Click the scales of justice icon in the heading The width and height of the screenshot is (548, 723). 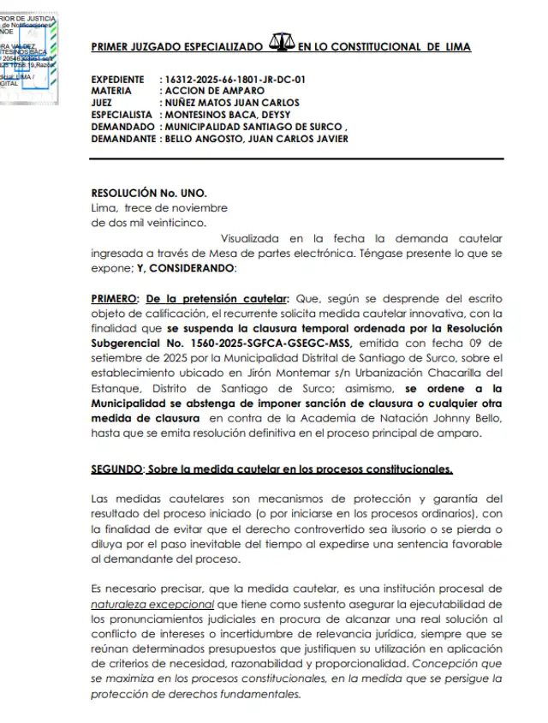pos(281,43)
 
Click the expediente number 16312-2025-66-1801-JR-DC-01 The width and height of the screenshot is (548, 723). pos(233,80)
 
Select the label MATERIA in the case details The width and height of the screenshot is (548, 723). pos(111,91)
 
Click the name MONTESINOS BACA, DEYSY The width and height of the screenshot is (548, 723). pos(228,115)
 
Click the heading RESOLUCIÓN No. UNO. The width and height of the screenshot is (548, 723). pos(149,194)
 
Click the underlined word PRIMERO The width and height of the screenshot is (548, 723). pos(115,299)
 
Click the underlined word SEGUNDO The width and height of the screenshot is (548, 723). pos(118,469)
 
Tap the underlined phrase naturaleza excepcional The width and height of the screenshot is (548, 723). pos(141,603)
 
